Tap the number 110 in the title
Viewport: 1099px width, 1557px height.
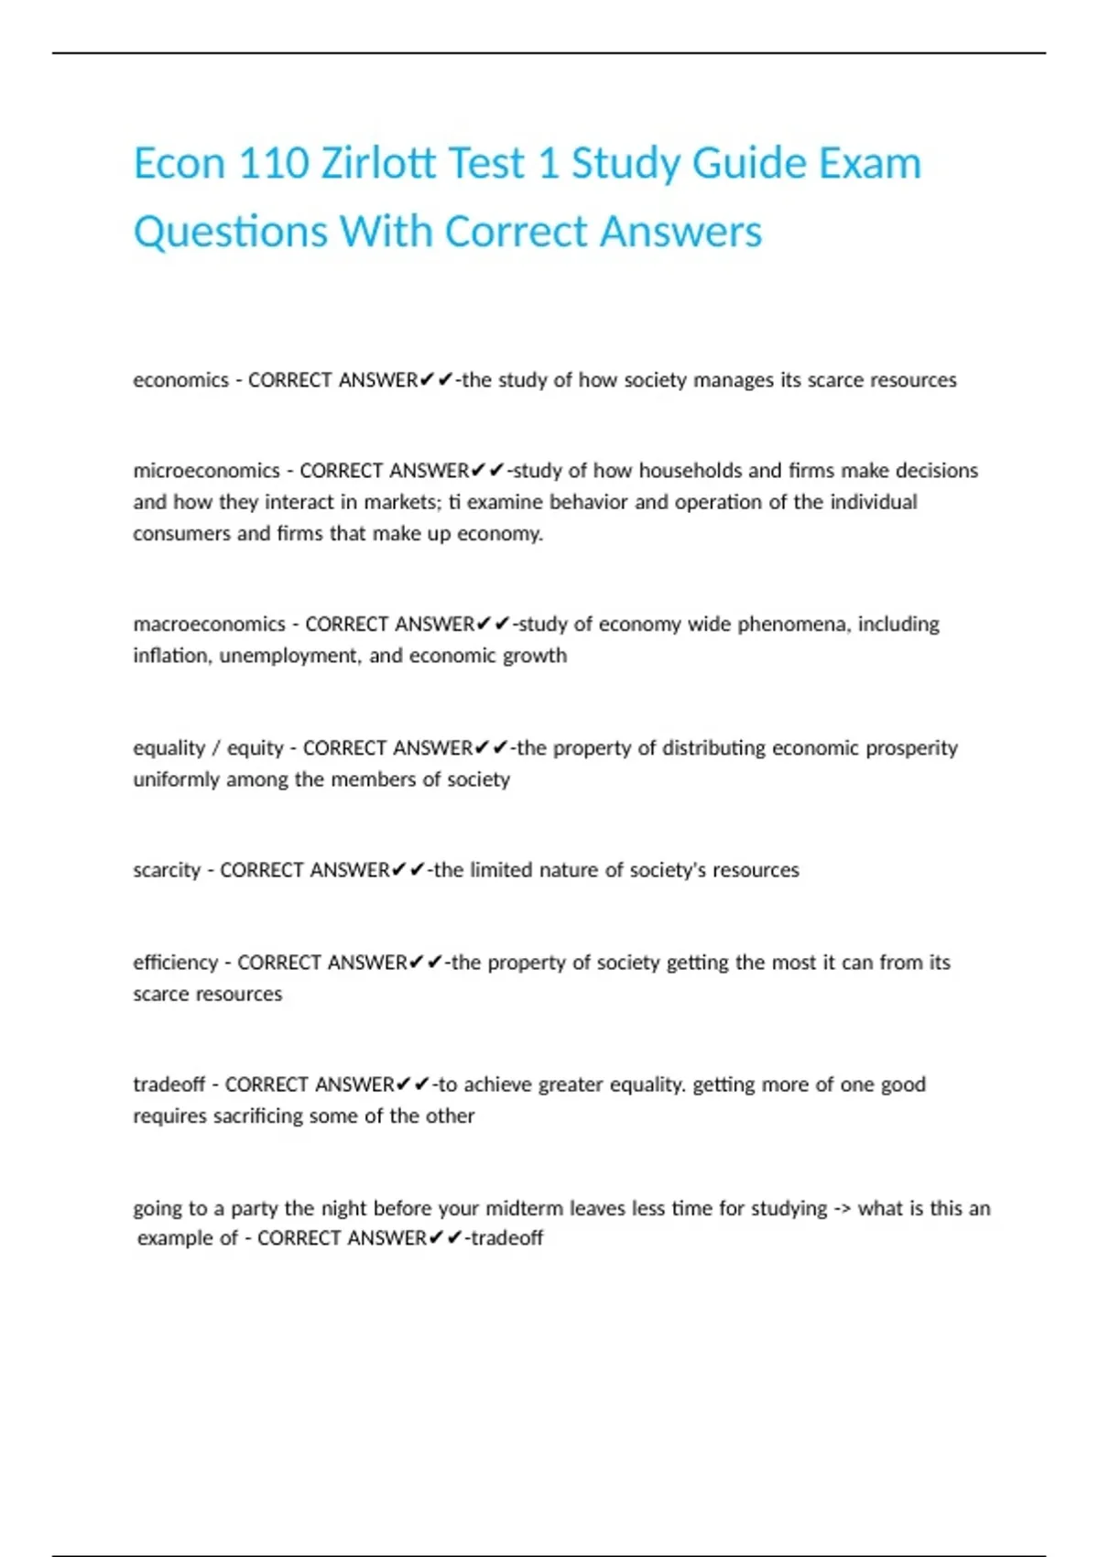pyautogui.click(x=273, y=164)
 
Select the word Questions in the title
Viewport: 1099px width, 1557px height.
pyautogui.click(x=231, y=232)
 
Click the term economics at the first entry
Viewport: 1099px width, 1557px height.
pyautogui.click(x=180, y=380)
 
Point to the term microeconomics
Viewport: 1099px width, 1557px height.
pyautogui.click(x=206, y=471)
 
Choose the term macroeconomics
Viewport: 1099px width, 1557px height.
pyautogui.click(x=209, y=625)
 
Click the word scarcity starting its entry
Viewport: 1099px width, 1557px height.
pyautogui.click(x=166, y=870)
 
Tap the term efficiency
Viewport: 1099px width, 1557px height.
pyautogui.click(x=175, y=963)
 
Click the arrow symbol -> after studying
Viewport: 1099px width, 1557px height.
pyautogui.click(x=843, y=1209)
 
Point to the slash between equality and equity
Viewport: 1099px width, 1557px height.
pyautogui.click(x=215, y=748)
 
